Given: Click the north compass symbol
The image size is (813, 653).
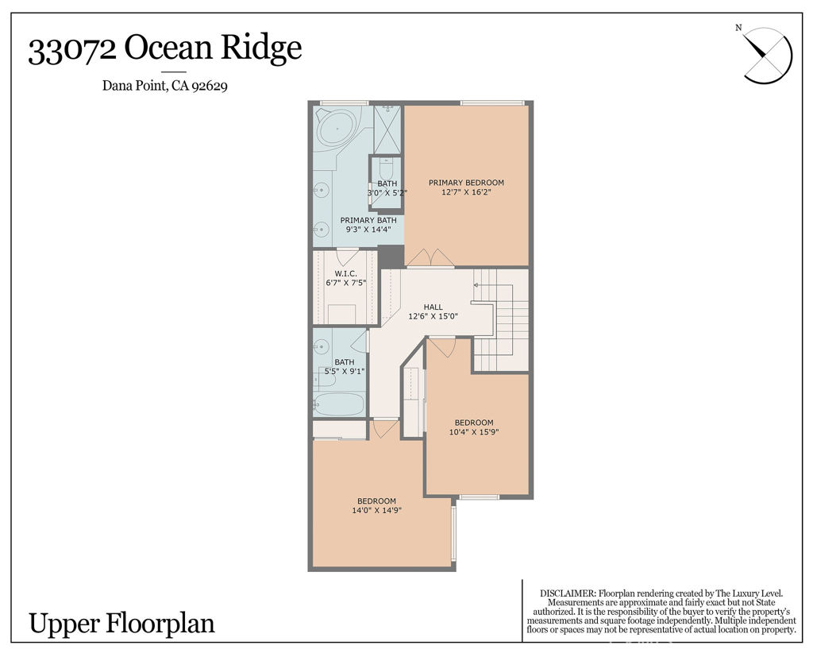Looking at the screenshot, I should click(x=767, y=54).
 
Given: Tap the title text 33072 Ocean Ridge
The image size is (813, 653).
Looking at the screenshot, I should click(x=165, y=49).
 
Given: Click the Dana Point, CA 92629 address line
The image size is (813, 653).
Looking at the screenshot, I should click(x=165, y=87).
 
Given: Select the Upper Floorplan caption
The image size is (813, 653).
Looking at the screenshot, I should click(x=121, y=623).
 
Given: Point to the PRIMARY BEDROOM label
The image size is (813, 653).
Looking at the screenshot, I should click(x=466, y=183).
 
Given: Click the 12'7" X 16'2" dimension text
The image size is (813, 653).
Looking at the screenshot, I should click(x=466, y=192).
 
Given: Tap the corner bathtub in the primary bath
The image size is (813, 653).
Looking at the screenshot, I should click(x=337, y=127).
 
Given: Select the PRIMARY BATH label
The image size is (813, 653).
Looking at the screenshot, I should click(x=368, y=220).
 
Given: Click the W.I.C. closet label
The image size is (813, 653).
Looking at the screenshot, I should click(x=345, y=273).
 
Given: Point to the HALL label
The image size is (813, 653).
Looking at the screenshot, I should click(x=433, y=307).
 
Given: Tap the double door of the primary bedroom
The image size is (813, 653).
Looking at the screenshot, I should click(x=430, y=259).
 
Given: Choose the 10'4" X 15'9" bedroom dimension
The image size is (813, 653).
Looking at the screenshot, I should click(x=473, y=432).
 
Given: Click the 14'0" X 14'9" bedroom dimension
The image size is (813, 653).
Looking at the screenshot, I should click(x=376, y=511).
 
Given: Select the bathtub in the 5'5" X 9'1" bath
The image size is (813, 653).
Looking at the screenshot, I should click(x=339, y=404).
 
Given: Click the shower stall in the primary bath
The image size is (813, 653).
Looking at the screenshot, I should click(x=387, y=129).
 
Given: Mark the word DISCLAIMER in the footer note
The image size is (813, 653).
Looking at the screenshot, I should click(x=567, y=593).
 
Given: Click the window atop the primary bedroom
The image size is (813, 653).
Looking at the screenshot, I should click(x=491, y=102).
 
